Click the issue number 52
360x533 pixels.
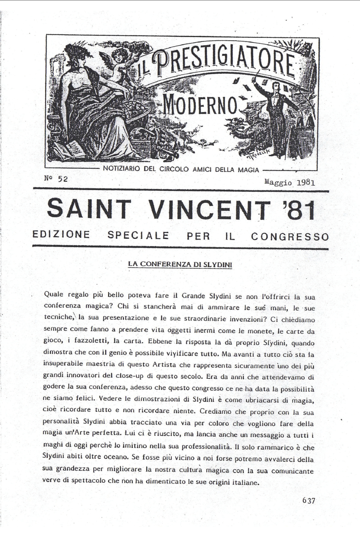click(x=63, y=179)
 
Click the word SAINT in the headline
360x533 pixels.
click(x=89, y=210)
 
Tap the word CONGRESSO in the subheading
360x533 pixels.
click(x=290, y=236)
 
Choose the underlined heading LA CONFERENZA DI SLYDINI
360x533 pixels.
click(x=180, y=264)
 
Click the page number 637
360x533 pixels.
click(x=308, y=501)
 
